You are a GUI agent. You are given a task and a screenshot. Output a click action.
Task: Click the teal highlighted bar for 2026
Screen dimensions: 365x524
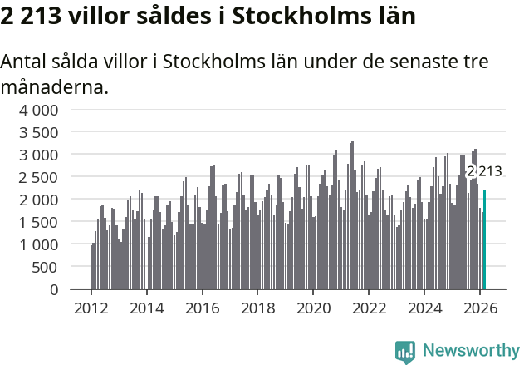pyautogui.click(x=485, y=239)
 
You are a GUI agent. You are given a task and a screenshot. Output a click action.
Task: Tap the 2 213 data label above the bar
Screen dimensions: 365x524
pyautogui.click(x=484, y=171)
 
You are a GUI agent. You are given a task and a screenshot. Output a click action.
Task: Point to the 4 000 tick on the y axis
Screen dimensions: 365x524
pyautogui.click(x=39, y=110)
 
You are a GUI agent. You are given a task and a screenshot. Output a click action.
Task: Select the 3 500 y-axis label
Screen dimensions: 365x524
pyautogui.click(x=39, y=132)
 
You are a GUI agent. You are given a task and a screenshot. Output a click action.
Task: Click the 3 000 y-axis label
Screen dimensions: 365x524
pyautogui.click(x=39, y=155)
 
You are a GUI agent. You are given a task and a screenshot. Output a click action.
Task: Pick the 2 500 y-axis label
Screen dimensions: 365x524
pyautogui.click(x=39, y=177)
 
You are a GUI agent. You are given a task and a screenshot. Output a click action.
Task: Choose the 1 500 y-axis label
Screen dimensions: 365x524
pyautogui.click(x=39, y=222)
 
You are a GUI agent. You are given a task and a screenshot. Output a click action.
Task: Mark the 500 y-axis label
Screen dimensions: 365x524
pyautogui.click(x=46, y=267)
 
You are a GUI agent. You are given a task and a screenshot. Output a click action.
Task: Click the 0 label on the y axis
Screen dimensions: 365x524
pyautogui.click(x=54, y=289)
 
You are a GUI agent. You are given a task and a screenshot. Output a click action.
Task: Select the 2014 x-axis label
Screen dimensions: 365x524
pyautogui.click(x=146, y=308)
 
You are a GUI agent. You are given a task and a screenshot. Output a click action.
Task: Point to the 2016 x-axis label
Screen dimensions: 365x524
pyautogui.click(x=202, y=308)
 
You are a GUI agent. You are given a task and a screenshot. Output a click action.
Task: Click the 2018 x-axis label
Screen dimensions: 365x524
pyautogui.click(x=257, y=308)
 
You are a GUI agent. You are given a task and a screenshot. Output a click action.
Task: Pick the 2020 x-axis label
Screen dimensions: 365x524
pyautogui.click(x=314, y=308)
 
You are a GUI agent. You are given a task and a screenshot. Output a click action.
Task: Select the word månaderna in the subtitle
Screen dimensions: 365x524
pyautogui.click(x=54, y=86)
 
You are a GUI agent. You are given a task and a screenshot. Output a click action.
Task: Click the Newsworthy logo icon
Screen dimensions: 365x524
pyautogui.click(x=405, y=352)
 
